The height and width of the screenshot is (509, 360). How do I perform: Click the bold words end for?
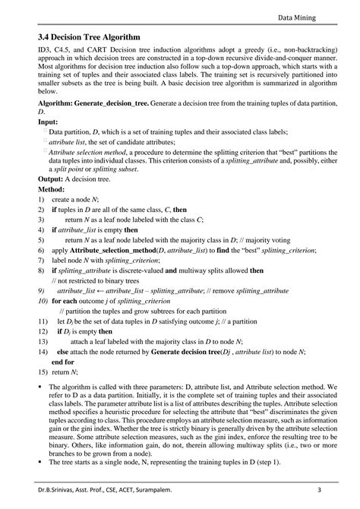[x=63, y=362]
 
